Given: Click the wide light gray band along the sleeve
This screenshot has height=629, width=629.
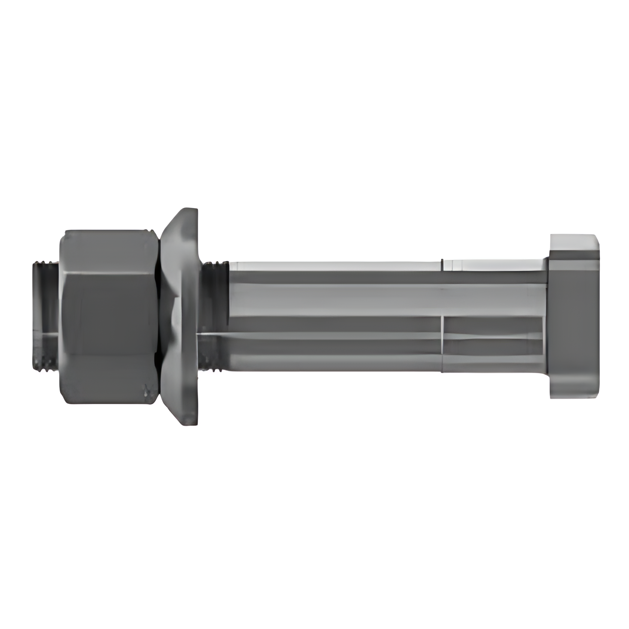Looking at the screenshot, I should pos(337,300).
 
